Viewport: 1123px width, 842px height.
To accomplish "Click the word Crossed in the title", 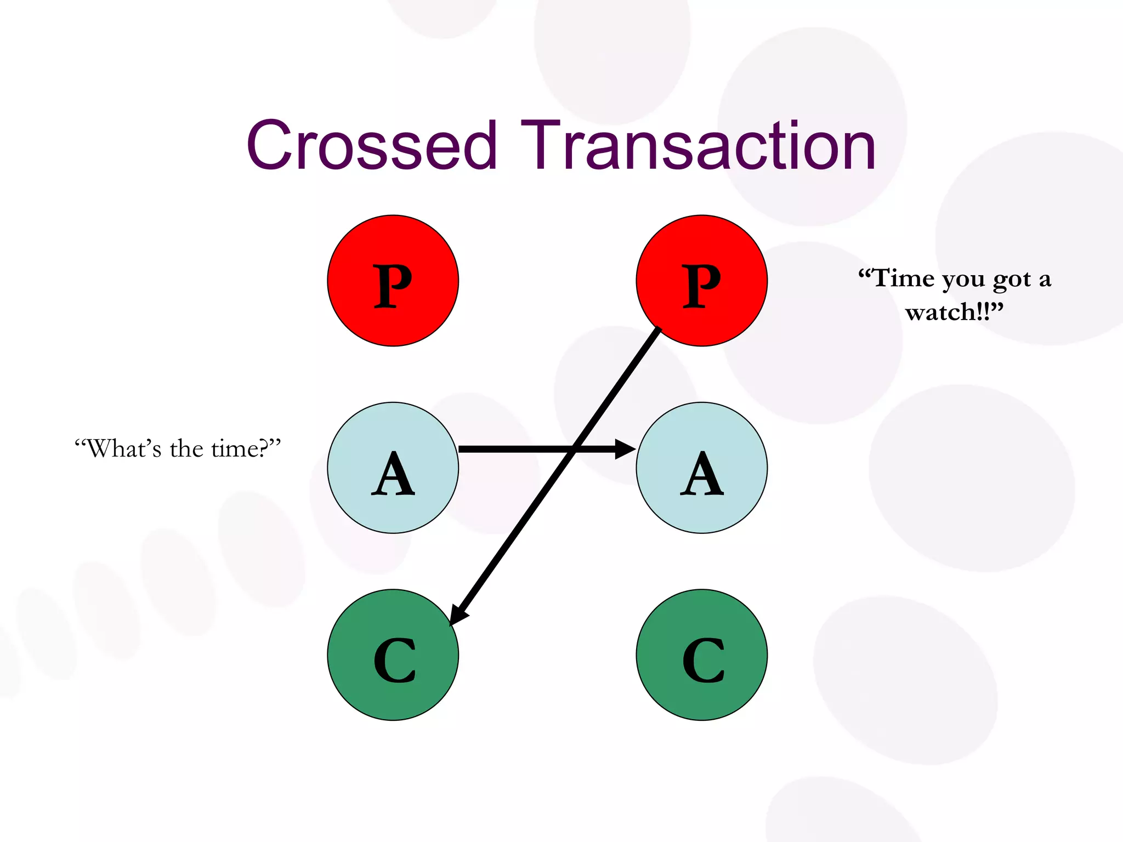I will (372, 146).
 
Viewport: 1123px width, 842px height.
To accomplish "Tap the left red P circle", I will (393, 281).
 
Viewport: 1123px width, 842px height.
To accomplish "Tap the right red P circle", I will (701, 281).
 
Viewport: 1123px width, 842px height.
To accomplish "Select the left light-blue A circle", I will (393, 468).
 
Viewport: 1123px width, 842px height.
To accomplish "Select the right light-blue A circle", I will (701, 468).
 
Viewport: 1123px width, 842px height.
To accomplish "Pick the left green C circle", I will (393, 655).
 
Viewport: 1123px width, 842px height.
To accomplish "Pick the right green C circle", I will (701, 655).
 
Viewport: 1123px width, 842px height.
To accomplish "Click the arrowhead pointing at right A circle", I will (625, 449).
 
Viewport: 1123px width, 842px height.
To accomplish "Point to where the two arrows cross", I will (574, 449).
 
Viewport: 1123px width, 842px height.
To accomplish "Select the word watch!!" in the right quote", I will (954, 312).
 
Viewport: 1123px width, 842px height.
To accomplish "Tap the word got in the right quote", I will (1012, 280).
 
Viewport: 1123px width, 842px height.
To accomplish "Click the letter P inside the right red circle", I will (701, 285).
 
